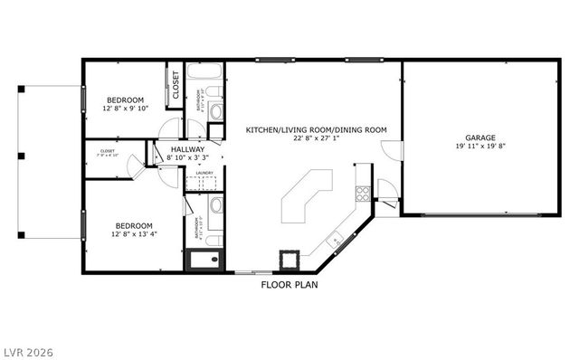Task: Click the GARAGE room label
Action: (x=480, y=137)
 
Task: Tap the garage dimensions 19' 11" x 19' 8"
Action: (x=480, y=147)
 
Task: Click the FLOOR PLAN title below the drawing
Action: (x=289, y=284)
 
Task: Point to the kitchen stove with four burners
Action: (x=363, y=192)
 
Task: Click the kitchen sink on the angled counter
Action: (x=335, y=240)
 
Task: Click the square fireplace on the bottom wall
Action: (x=289, y=260)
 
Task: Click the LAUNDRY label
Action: (x=204, y=173)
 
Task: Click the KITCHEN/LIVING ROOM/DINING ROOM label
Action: (x=316, y=130)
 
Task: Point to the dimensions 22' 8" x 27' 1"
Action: (x=316, y=139)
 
